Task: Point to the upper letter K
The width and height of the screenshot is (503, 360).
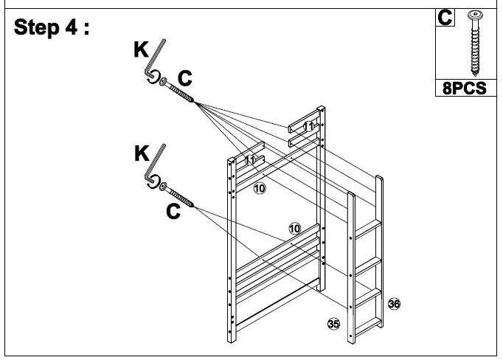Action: [139, 49]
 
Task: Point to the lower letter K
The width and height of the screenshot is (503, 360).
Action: [139, 155]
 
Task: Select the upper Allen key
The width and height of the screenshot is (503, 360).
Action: [154, 65]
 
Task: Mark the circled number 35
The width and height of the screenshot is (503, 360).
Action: [333, 323]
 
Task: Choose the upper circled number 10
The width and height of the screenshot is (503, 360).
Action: [259, 189]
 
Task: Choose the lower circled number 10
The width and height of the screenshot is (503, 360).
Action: [294, 229]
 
